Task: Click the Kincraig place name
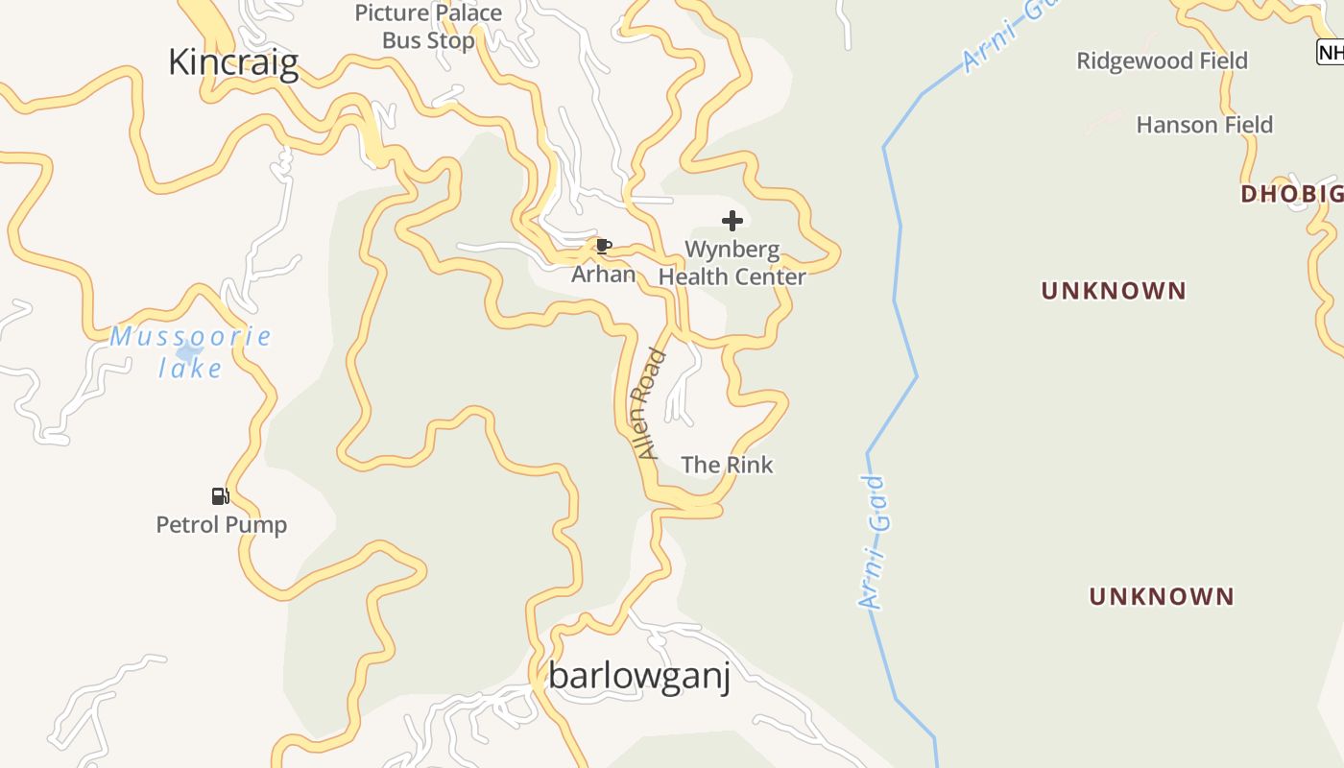tap(233, 62)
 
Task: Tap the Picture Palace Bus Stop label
tap(428, 27)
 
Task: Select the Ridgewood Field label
tap(1162, 60)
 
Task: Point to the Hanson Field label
tap(1204, 125)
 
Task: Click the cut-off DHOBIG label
tap(1291, 194)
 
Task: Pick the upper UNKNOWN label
tap(1114, 291)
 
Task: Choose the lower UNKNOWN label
tap(1161, 596)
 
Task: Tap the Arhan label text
tap(603, 275)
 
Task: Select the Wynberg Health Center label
tap(732, 263)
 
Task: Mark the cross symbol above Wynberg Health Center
tap(732, 221)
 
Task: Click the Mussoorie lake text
tap(190, 351)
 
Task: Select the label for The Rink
tap(727, 465)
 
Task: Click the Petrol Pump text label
tap(221, 525)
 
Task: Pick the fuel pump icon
tap(220, 496)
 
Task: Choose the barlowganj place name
tap(639, 676)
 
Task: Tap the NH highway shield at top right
tap(1330, 52)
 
